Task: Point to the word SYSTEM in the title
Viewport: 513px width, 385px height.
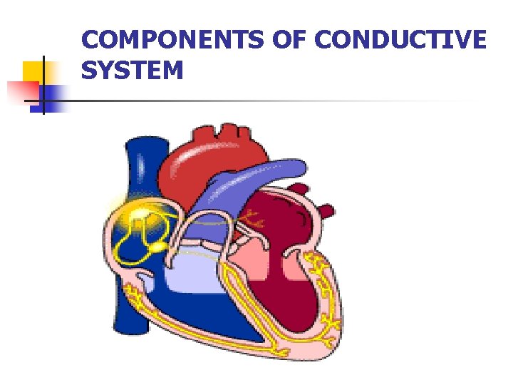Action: coord(133,71)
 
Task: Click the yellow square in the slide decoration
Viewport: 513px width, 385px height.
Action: coord(35,71)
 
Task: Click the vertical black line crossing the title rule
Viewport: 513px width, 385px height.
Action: coord(43,85)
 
